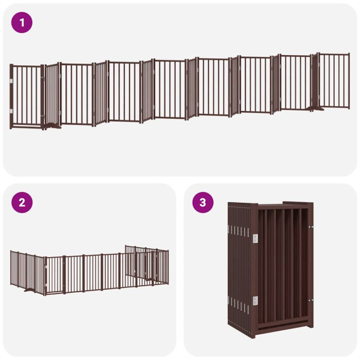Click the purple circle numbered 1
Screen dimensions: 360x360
pos(22,23)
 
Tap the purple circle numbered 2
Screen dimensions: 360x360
pos(22,202)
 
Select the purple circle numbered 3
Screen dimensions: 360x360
pos(203,202)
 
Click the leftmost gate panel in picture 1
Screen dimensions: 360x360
pos(27,96)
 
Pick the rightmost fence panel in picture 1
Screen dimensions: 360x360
pos(334,81)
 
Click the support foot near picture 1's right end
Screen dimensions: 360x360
pos(312,109)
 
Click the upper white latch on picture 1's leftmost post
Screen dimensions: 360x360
pos(12,80)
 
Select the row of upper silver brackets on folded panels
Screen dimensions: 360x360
pos(238,231)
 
